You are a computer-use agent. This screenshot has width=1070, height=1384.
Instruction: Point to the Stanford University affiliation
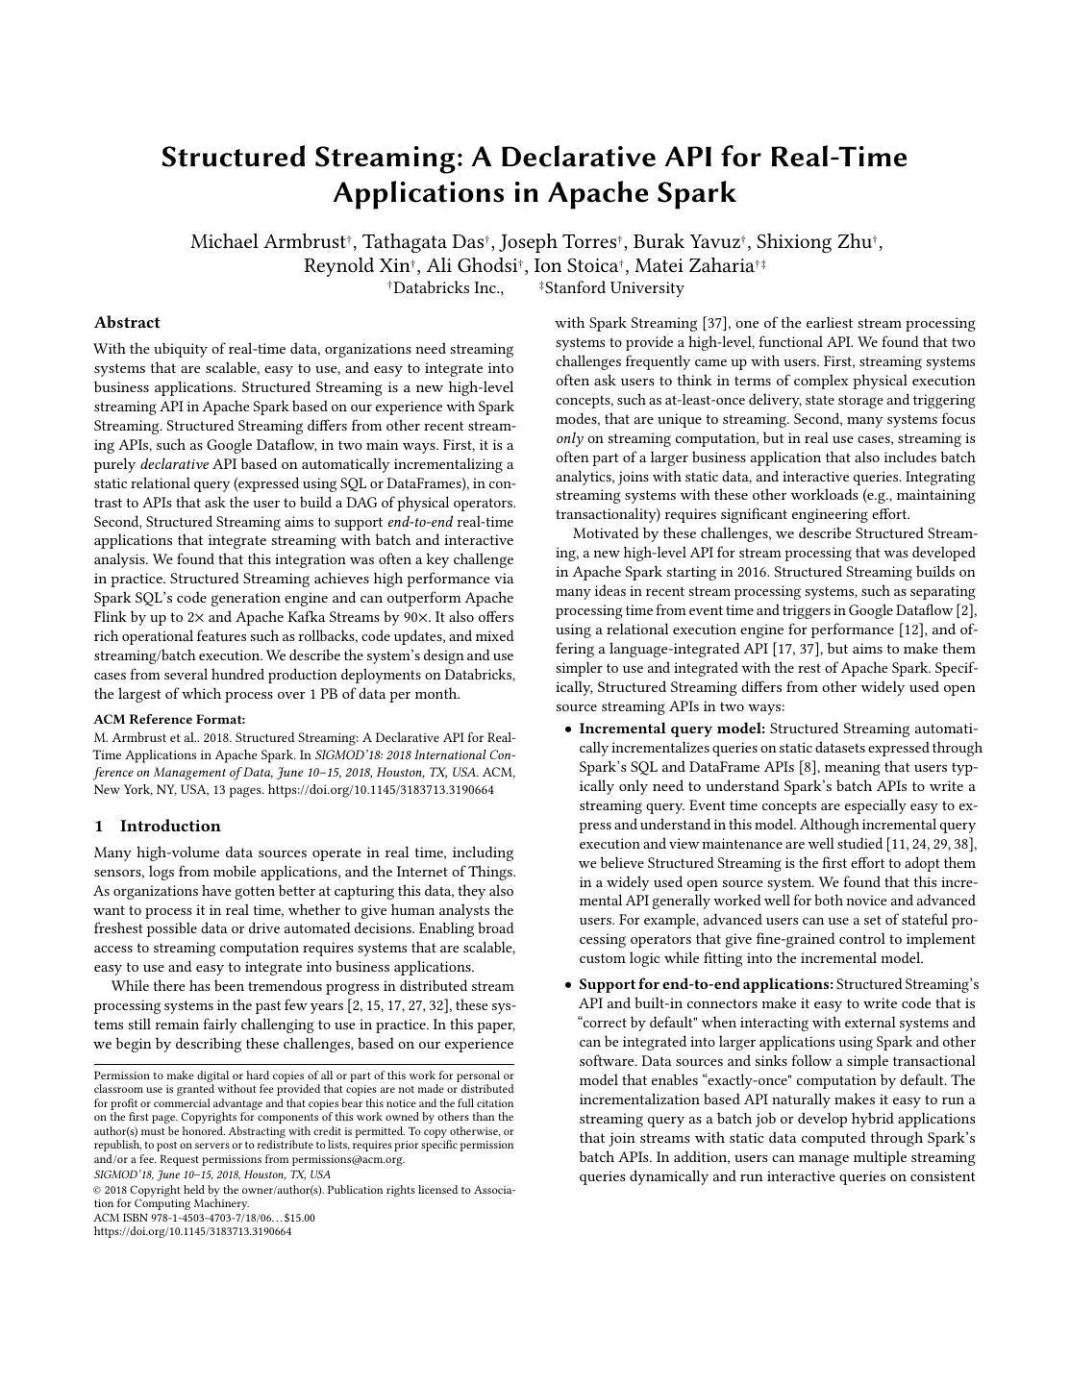click(x=613, y=288)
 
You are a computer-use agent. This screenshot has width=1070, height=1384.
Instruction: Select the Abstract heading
click(x=127, y=323)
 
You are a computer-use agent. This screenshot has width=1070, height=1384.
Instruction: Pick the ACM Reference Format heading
click(x=169, y=720)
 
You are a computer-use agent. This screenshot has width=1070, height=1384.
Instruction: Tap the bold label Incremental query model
click(x=672, y=729)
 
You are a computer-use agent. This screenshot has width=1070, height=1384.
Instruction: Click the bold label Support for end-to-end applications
click(x=706, y=984)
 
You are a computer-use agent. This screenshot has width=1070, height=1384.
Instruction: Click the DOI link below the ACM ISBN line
click(x=192, y=1231)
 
